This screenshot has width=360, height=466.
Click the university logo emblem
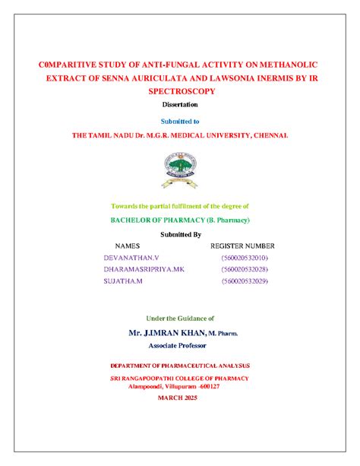coord(180,169)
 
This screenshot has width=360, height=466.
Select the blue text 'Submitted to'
coord(180,121)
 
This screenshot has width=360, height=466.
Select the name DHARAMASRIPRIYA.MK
coord(144,270)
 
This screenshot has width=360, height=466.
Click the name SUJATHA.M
coord(122,281)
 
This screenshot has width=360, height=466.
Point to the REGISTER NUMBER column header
coord(242,246)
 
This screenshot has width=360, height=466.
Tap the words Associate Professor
coord(180,345)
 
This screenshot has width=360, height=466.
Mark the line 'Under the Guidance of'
coord(180,318)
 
